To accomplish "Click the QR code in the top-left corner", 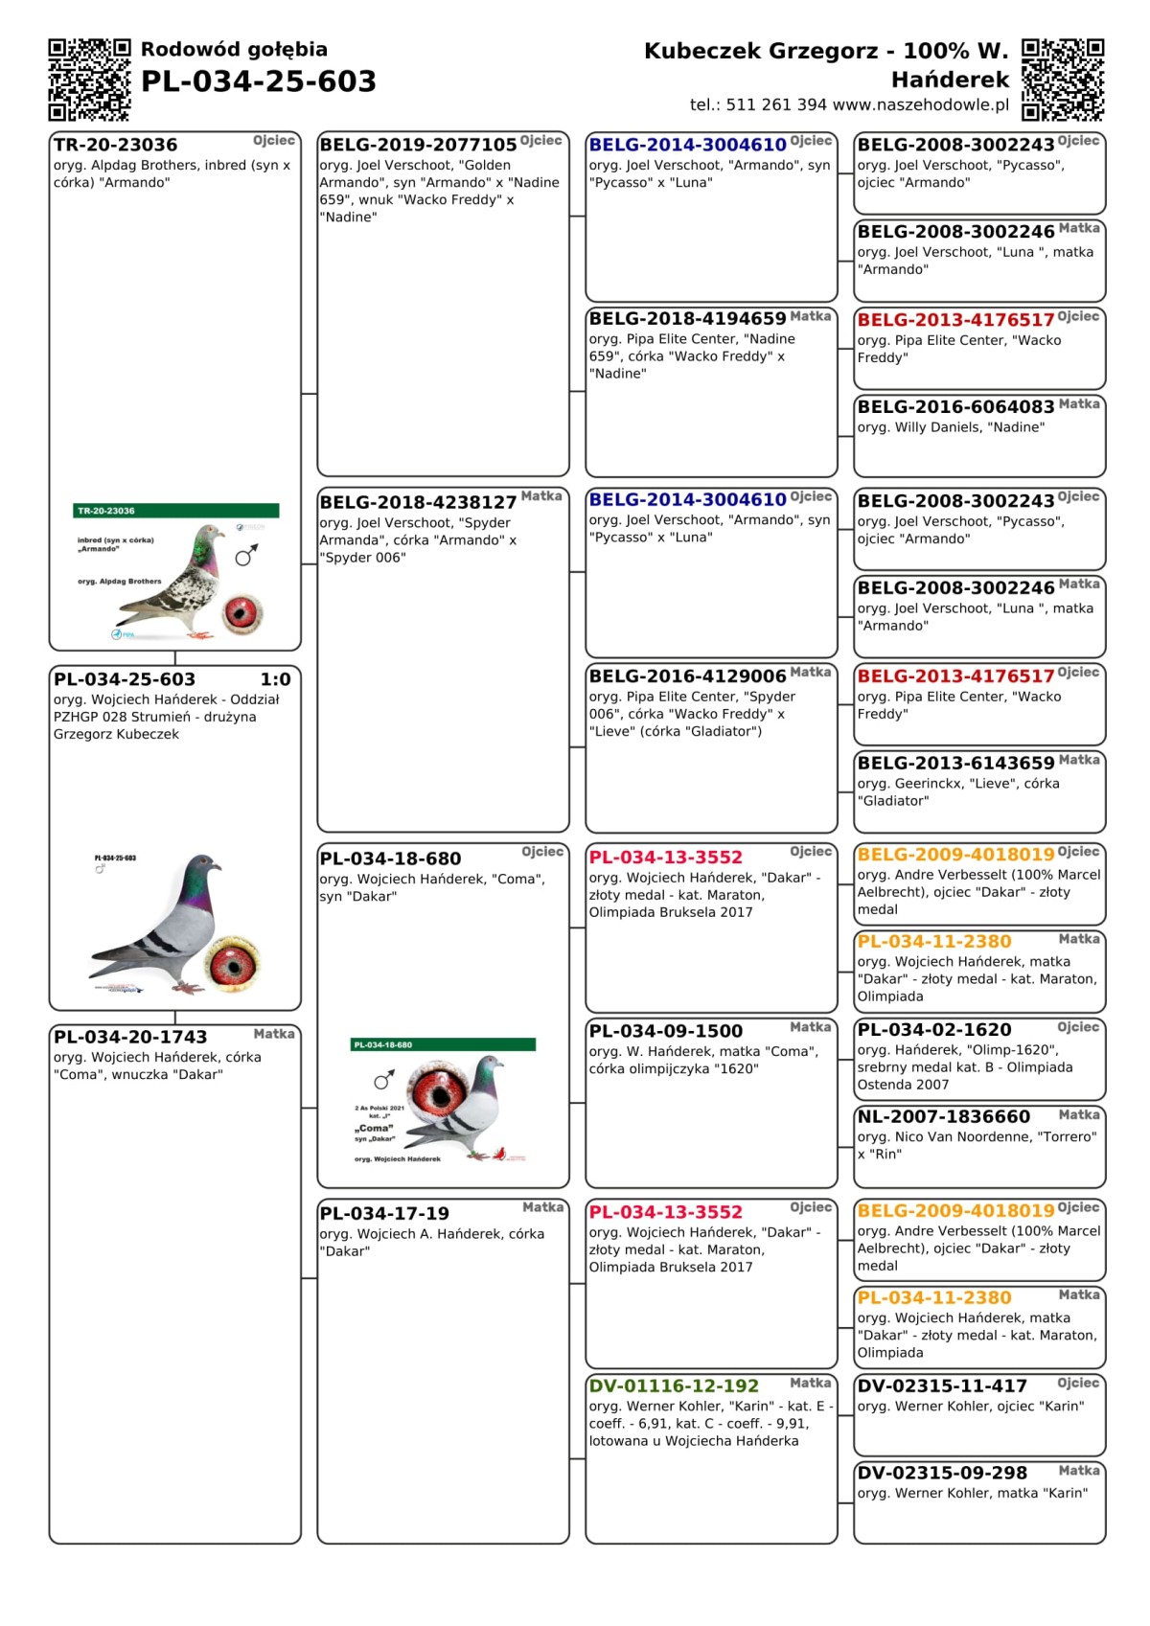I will click(x=89, y=80).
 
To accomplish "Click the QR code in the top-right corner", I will click(x=1062, y=80).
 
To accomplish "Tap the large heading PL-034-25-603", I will click(x=258, y=81).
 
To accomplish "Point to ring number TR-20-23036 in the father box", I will click(x=116, y=145).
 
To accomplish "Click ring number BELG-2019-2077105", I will click(x=418, y=145).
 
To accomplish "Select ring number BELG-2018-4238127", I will click(x=418, y=502).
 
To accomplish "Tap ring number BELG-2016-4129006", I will click(x=687, y=676).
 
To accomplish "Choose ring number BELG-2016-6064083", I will click(x=955, y=407).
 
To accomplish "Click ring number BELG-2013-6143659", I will click(x=955, y=764).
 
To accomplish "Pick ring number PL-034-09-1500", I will click(x=666, y=1032).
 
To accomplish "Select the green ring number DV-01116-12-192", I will click(x=674, y=1386).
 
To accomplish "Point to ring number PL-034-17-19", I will click(x=384, y=1214).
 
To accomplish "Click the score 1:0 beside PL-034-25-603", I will click(x=275, y=679).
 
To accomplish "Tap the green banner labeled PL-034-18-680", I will click(x=444, y=1044).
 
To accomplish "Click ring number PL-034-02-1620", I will click(x=934, y=1030).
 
